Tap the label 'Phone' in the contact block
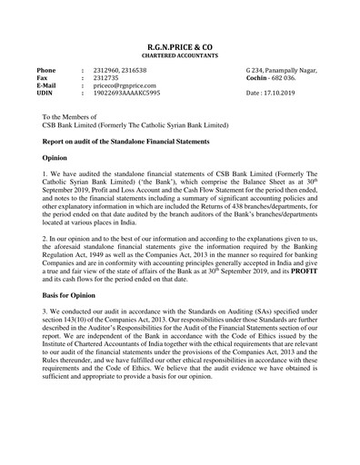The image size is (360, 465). point(46,70)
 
